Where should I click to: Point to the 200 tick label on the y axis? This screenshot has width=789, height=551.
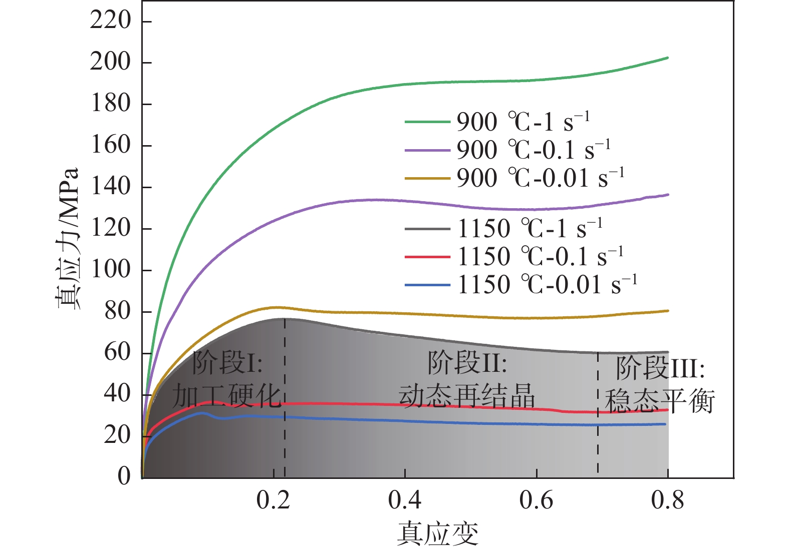point(110,62)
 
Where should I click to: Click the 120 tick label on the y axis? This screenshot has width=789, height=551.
point(110,228)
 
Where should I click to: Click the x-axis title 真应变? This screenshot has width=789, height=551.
point(437,533)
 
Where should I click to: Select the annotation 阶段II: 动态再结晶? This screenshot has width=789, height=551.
point(467,379)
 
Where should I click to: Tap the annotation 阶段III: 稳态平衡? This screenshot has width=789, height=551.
point(660,384)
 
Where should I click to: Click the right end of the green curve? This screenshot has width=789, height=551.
point(668,58)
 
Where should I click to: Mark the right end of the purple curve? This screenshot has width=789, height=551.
point(668,195)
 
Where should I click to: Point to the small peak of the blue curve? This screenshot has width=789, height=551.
point(202,413)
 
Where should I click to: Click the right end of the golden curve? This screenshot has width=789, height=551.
point(668,311)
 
